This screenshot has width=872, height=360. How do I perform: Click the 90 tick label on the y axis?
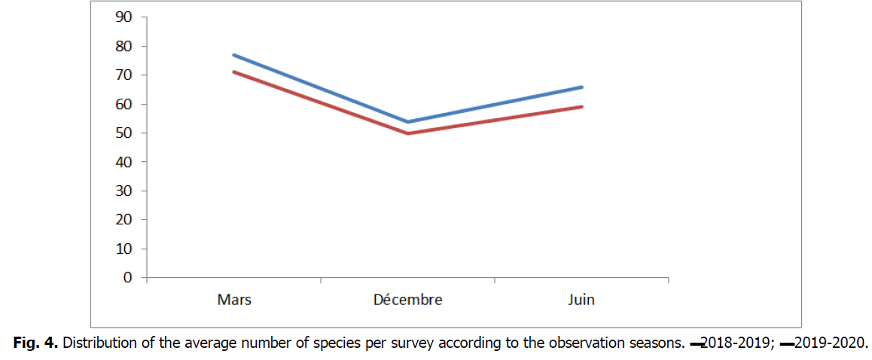[x=123, y=17]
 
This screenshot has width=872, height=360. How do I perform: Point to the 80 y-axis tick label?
[x=123, y=47]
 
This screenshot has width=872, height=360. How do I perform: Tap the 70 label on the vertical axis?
[x=123, y=75]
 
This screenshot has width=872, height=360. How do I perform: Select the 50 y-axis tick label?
[x=123, y=133]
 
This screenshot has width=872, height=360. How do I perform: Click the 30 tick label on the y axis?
[x=123, y=191]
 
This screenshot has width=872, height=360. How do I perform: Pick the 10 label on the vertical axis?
[x=123, y=249]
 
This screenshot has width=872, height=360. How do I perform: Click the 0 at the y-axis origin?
[x=127, y=278]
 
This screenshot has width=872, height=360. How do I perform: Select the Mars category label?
[x=234, y=300]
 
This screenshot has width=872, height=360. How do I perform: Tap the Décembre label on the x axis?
[x=407, y=300]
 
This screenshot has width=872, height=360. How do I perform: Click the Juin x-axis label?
[x=581, y=300]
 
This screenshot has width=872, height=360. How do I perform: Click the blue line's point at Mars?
[x=234, y=55]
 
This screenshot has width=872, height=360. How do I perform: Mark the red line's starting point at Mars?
[x=234, y=72]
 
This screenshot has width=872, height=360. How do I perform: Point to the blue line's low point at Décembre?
[x=407, y=121]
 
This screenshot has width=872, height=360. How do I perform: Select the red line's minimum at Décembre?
[x=407, y=133]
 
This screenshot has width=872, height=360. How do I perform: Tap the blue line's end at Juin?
[x=581, y=87]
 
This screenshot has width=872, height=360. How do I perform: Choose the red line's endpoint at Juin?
[x=581, y=107]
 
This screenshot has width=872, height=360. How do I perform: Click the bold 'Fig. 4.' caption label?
[x=35, y=344]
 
